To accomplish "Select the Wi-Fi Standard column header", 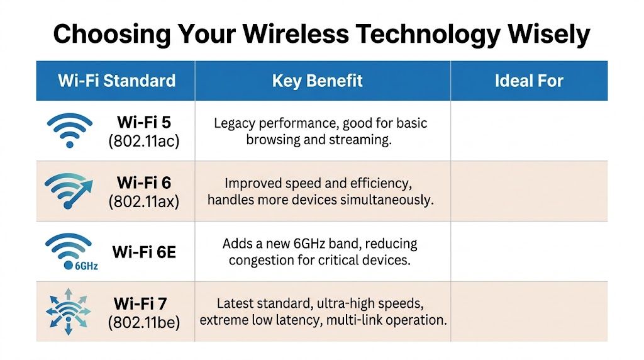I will click(116, 81).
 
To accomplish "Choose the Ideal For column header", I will click(529, 81).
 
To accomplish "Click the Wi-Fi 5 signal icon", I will click(69, 130).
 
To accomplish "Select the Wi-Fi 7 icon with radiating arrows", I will click(69, 312).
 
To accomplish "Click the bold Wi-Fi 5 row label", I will click(143, 122).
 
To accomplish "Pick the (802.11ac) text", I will click(143, 141).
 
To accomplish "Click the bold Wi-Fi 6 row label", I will click(143, 183).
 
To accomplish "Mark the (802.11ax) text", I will click(143, 201).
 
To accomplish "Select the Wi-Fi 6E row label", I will click(144, 252).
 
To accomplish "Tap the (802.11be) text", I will click(143, 323).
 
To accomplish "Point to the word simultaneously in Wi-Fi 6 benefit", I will click(389, 200).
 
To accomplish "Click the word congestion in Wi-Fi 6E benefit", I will click(260, 259).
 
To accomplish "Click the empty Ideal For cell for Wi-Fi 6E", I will click(529, 252).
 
